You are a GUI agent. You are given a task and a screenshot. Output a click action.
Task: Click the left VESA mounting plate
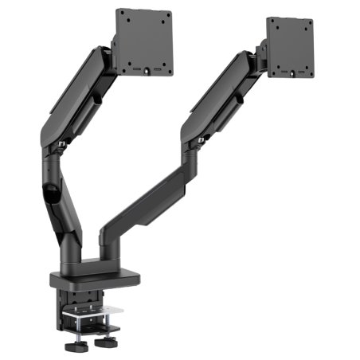click(x=145, y=41)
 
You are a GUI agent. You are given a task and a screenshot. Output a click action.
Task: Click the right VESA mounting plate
click(x=290, y=48)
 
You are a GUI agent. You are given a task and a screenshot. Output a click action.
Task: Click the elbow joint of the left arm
click(x=52, y=147)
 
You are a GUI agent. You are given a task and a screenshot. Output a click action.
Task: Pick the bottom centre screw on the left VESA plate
click(x=146, y=72)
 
